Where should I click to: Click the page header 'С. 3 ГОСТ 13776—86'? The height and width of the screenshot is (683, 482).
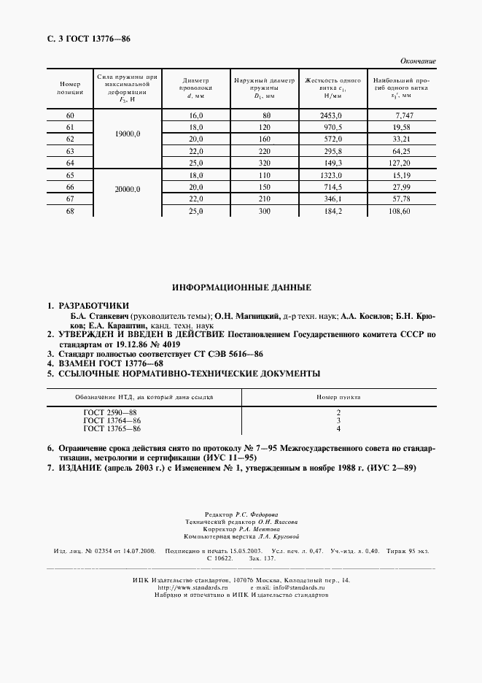pos(84,39)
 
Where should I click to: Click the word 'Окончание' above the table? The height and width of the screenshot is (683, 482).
pos(419,61)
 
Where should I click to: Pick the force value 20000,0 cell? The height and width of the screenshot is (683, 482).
pos(127,189)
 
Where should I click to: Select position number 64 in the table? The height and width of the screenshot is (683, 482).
pos(70,163)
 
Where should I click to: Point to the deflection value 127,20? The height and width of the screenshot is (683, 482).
pos(400,163)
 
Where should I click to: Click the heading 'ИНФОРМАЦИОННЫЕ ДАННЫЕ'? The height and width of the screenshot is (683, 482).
pos(241,288)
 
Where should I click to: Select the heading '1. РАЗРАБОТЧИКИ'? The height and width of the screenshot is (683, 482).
pos(91,305)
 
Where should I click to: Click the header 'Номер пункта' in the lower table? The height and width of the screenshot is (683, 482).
pos(338,396)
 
